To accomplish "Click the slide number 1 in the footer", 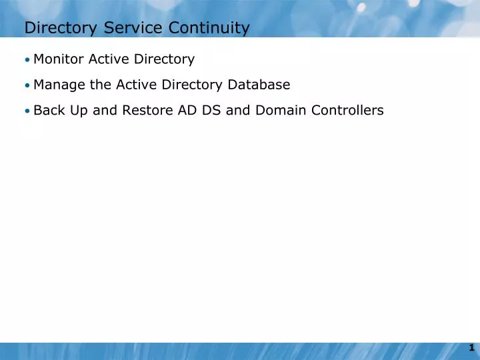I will pyautogui.click(x=471, y=347).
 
